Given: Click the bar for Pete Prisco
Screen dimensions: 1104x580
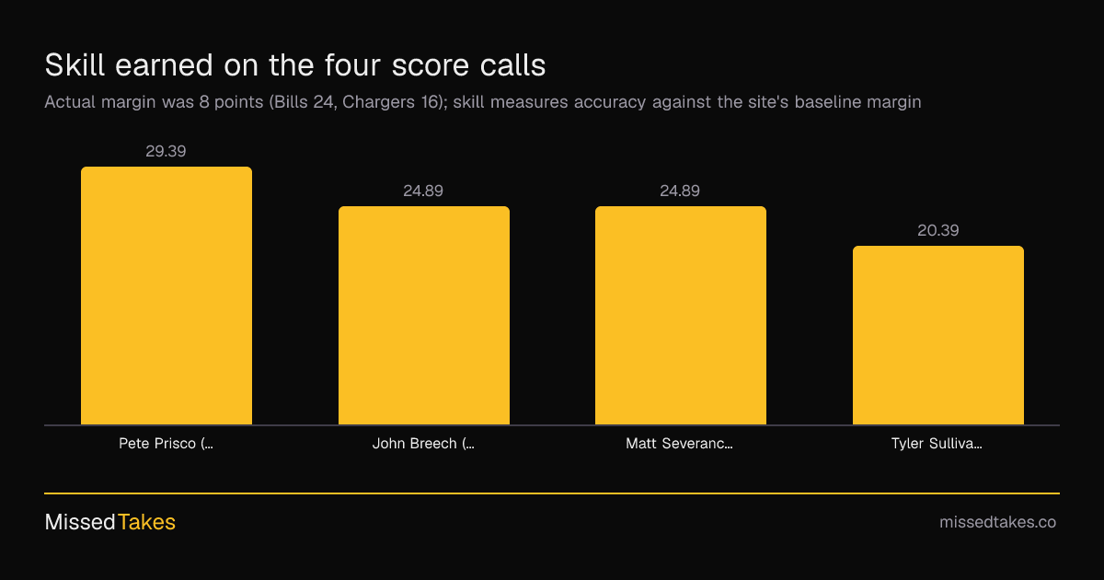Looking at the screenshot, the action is pyautogui.click(x=167, y=296).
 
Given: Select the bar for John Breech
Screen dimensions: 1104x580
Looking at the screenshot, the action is pyautogui.click(x=424, y=315).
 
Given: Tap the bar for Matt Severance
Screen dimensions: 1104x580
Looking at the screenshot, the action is pyautogui.click(x=681, y=315).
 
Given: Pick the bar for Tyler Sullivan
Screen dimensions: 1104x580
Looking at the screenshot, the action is pyautogui.click(x=938, y=335).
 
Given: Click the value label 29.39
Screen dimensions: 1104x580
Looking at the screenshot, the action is pyautogui.click(x=166, y=151).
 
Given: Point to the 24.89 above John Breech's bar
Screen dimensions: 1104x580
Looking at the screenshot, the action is pyautogui.click(x=423, y=191).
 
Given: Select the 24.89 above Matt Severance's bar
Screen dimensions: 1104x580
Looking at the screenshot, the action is pyautogui.click(x=680, y=191).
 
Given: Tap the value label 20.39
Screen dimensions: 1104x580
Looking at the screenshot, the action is pyautogui.click(x=937, y=230).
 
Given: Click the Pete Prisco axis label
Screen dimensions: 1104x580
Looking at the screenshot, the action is pyautogui.click(x=167, y=444).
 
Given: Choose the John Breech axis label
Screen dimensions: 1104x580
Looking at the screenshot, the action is pyautogui.click(x=423, y=444).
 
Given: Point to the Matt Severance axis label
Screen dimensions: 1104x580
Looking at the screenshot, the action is pyautogui.click(x=679, y=444).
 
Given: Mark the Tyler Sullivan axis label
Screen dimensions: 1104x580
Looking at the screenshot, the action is pyautogui.click(x=937, y=444).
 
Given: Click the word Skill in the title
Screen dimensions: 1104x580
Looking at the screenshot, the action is pyautogui.click(x=75, y=64).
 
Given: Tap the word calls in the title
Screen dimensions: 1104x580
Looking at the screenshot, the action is pyautogui.click(x=513, y=64).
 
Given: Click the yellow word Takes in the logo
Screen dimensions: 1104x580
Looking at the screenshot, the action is pyautogui.click(x=146, y=522).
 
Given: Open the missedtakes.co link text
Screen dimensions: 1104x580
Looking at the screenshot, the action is pyautogui.click(x=997, y=522).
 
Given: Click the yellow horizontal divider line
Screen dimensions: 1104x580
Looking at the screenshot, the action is pyautogui.click(x=552, y=493).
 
